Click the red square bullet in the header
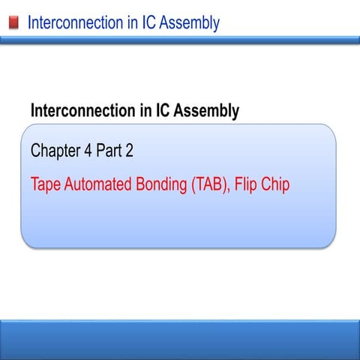13,23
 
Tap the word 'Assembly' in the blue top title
187,23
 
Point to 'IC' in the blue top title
144,22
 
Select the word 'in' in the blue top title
124,22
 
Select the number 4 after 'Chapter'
88,151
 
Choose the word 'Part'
109,151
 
